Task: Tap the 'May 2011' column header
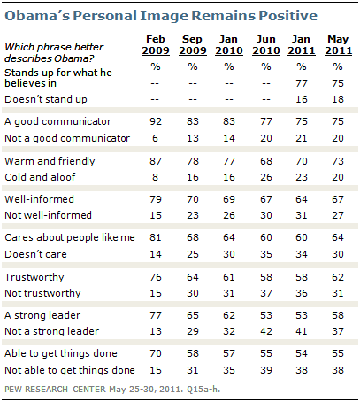point(336,44)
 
